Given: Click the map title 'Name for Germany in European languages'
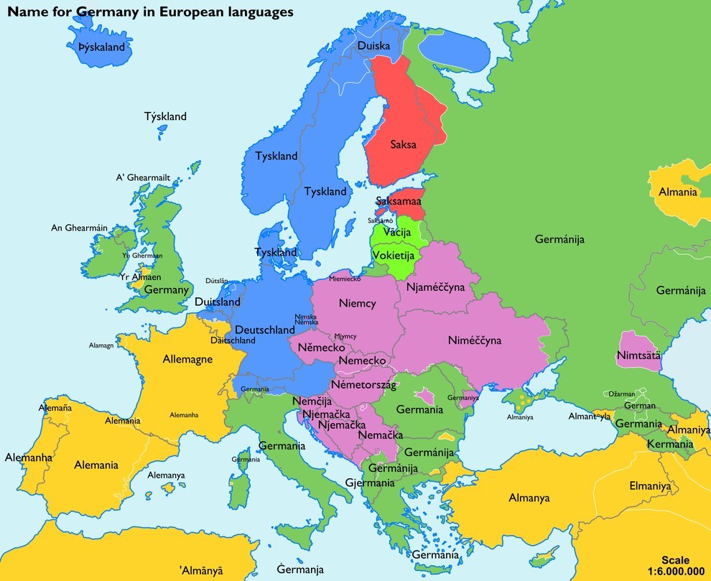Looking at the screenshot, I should [150, 12].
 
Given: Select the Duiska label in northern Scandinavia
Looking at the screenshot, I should [373, 46].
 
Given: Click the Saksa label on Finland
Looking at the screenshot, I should [403, 144].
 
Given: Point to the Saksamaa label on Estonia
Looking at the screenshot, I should [398, 203].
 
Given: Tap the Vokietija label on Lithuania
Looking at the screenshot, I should [393, 255].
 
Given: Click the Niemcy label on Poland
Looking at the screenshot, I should [357, 303].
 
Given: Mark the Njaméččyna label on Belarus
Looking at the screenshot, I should [435, 287].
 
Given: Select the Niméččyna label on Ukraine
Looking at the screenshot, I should [474, 340].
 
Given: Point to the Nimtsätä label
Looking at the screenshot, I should [638, 355].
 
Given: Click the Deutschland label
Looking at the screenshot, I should [265, 329].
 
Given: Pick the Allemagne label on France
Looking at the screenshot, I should [187, 359].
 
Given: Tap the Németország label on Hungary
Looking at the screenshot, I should [363, 386].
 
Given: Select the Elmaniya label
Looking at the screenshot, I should [649, 485].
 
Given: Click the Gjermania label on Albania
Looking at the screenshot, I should [370, 483].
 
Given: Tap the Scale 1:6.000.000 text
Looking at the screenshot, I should [675, 565].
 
